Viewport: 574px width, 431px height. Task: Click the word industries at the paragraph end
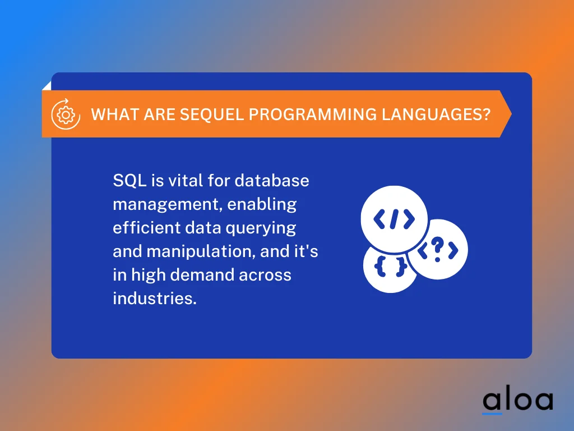[154, 298]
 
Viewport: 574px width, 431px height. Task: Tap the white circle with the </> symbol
[394, 219]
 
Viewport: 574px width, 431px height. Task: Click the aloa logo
[517, 400]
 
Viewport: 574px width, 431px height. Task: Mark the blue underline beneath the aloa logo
[492, 414]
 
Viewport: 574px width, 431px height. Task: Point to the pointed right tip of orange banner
[510, 114]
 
